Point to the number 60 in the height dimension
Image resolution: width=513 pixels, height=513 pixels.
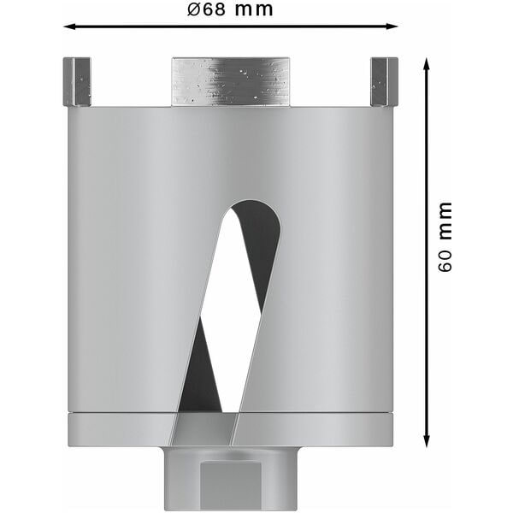pyautogui.click(x=445, y=260)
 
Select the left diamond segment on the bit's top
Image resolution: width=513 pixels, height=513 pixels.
pyautogui.click(x=77, y=81)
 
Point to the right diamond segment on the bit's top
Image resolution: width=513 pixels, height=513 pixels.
pyautogui.click(x=384, y=81)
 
